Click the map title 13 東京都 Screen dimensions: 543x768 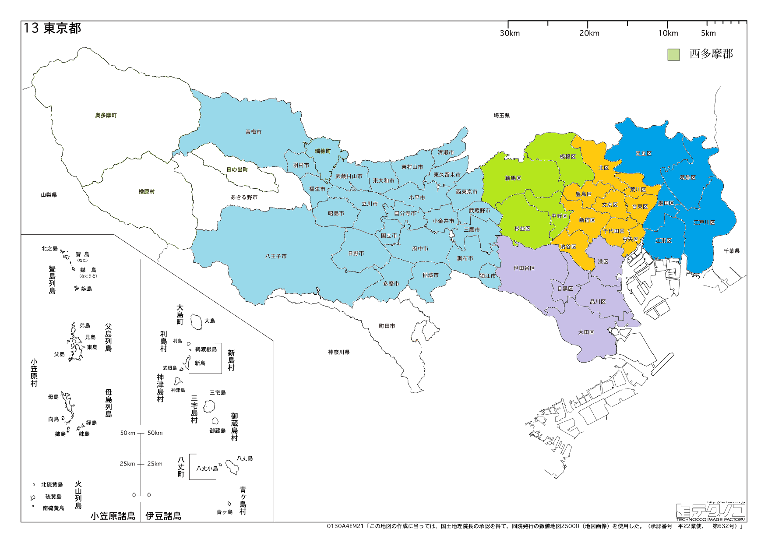(53, 28)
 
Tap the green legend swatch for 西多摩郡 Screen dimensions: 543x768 (673, 55)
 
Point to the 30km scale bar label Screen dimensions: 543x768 (510, 33)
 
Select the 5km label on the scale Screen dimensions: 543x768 (708, 33)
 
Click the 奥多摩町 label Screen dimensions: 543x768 (106, 116)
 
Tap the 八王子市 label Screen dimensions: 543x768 (276, 256)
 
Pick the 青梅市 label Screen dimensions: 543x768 (254, 132)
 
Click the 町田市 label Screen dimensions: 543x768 (387, 326)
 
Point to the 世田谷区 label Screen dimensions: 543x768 (524, 268)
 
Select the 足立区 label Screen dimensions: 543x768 (644, 154)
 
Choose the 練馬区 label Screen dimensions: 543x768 (513, 178)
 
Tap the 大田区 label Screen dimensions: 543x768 (586, 332)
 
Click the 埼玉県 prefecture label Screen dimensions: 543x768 (502, 116)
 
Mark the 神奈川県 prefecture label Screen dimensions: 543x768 (339, 353)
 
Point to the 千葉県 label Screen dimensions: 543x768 (732, 251)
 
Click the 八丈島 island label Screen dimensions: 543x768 (245, 458)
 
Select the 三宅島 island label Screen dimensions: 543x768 (218, 393)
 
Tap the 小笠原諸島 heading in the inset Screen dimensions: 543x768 (113, 516)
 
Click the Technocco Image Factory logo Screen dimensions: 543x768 (710, 511)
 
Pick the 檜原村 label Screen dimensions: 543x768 (147, 192)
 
